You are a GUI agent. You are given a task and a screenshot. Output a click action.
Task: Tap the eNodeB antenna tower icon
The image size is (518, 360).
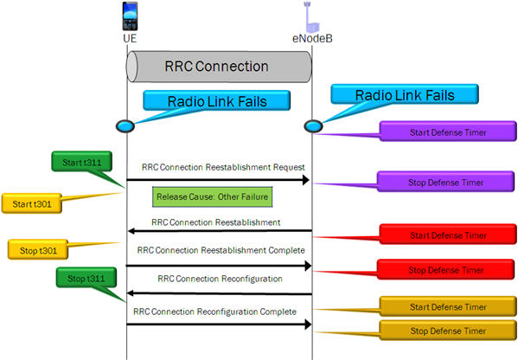308,17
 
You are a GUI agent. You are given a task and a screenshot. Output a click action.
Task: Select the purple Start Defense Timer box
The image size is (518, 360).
448,132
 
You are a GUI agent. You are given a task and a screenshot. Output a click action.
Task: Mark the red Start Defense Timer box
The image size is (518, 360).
448,234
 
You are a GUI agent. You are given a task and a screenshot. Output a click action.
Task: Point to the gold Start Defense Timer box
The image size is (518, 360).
448,306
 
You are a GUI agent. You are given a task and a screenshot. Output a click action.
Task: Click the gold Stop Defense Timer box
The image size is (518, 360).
448,330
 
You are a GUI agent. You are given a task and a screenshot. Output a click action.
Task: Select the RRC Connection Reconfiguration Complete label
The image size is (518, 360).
215,312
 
